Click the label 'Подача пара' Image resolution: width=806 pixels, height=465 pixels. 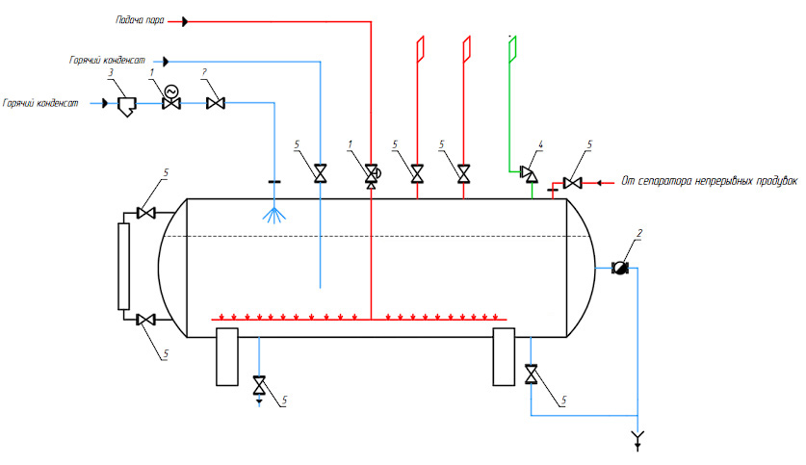click(140, 20)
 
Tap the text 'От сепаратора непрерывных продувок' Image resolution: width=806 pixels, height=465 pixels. click(710, 181)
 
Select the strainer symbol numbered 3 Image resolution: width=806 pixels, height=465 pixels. click(126, 106)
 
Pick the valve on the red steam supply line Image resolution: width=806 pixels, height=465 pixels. click(371, 175)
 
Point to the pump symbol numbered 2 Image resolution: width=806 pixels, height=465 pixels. click(620, 268)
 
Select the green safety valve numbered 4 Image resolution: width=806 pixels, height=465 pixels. click(529, 173)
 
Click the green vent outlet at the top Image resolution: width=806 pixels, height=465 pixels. click(512, 49)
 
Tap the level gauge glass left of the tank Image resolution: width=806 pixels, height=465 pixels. click(123, 266)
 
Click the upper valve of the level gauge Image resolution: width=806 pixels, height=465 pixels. click(146, 213)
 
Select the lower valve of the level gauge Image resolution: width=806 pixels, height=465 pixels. click(146, 321)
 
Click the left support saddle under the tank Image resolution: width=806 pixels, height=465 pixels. click(226, 356)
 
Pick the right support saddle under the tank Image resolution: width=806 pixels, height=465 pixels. click(504, 356)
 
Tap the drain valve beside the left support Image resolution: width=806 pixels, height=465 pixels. click(259, 385)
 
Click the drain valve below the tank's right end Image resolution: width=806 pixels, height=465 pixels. click(531, 375)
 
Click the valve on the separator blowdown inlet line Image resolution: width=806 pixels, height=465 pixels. click(572, 183)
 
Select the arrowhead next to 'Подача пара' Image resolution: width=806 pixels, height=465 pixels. click(185, 21)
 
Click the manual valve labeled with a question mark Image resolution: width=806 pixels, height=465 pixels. click(216, 103)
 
